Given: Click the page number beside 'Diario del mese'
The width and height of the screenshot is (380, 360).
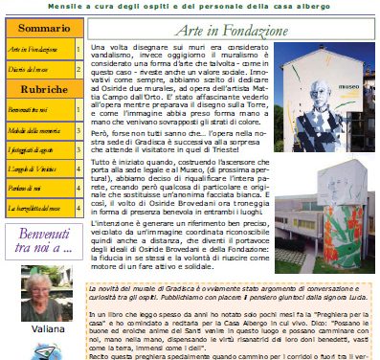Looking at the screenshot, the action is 78,68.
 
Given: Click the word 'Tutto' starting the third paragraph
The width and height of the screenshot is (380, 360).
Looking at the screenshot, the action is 100,167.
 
